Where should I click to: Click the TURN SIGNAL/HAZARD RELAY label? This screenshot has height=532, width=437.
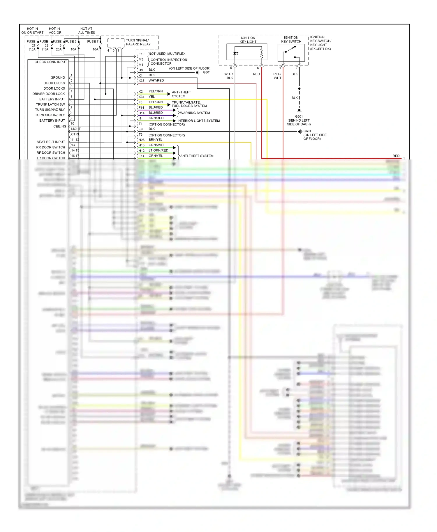coord(138,42)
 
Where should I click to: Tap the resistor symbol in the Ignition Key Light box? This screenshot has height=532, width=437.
coord(262,53)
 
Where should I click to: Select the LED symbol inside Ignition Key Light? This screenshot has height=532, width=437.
coord(235,53)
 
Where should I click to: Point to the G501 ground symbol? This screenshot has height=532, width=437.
coord(299,111)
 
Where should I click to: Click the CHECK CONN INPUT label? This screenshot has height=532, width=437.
coord(51,62)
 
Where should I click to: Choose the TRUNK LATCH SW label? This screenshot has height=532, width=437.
coord(50,104)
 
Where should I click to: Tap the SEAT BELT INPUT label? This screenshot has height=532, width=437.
coord(51,142)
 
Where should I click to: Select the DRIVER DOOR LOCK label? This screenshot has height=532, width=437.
coord(49,94)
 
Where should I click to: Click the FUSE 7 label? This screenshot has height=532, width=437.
coord(93,42)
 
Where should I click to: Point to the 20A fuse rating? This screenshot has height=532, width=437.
coord(59,49)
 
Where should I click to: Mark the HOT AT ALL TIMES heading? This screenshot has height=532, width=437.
coord(87,31)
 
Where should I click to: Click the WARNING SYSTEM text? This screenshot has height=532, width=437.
coord(195,113)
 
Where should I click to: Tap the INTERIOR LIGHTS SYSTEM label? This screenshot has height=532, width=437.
coord(198,121)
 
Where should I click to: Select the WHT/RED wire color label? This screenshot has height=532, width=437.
coord(156,81)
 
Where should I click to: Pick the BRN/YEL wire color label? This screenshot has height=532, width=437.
coord(155,140)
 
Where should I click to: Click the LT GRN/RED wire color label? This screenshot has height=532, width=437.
coord(158,150)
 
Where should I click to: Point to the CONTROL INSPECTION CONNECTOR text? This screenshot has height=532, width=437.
coord(169,62)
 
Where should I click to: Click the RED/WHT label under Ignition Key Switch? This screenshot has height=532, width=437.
coord(277,76)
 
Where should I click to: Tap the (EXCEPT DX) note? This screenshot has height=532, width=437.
coord(320,49)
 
